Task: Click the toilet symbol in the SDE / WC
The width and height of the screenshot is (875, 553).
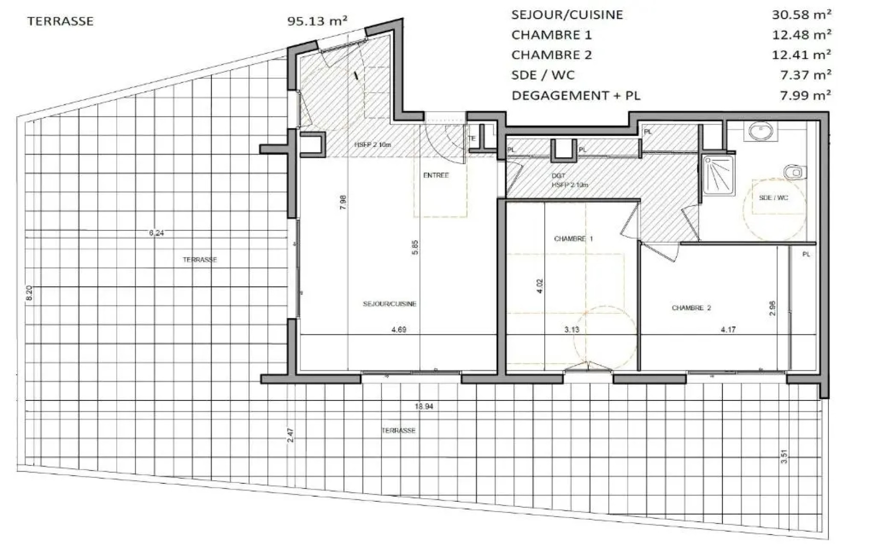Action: point(795,172)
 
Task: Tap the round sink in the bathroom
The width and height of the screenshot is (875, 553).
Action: point(761,132)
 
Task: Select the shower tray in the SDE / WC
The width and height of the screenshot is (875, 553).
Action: point(718,175)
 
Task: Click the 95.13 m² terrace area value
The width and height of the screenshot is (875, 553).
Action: point(317,21)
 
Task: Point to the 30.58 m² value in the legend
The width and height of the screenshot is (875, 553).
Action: point(801,14)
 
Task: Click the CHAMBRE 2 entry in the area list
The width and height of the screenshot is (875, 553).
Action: point(551,55)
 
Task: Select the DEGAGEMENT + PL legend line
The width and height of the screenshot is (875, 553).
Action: point(575,95)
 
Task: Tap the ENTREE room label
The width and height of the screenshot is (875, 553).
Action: point(436,175)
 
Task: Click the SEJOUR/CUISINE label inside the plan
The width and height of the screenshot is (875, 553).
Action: point(390,304)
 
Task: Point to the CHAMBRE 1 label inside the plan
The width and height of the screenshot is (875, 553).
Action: point(573,239)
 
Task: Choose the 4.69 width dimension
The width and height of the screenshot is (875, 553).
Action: point(399,330)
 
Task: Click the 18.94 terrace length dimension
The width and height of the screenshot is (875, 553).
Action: point(424,406)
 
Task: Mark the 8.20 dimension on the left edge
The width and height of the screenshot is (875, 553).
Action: point(29,293)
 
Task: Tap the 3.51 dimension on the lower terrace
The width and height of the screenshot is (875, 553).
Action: point(784,456)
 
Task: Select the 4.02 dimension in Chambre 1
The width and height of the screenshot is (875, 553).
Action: point(540,286)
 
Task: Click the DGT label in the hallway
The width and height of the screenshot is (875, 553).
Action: point(559,176)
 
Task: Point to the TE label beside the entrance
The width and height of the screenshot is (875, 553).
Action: point(472,138)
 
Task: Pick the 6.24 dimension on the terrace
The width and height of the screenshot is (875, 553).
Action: point(157,233)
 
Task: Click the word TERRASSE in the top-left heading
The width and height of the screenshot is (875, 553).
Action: point(60,21)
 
